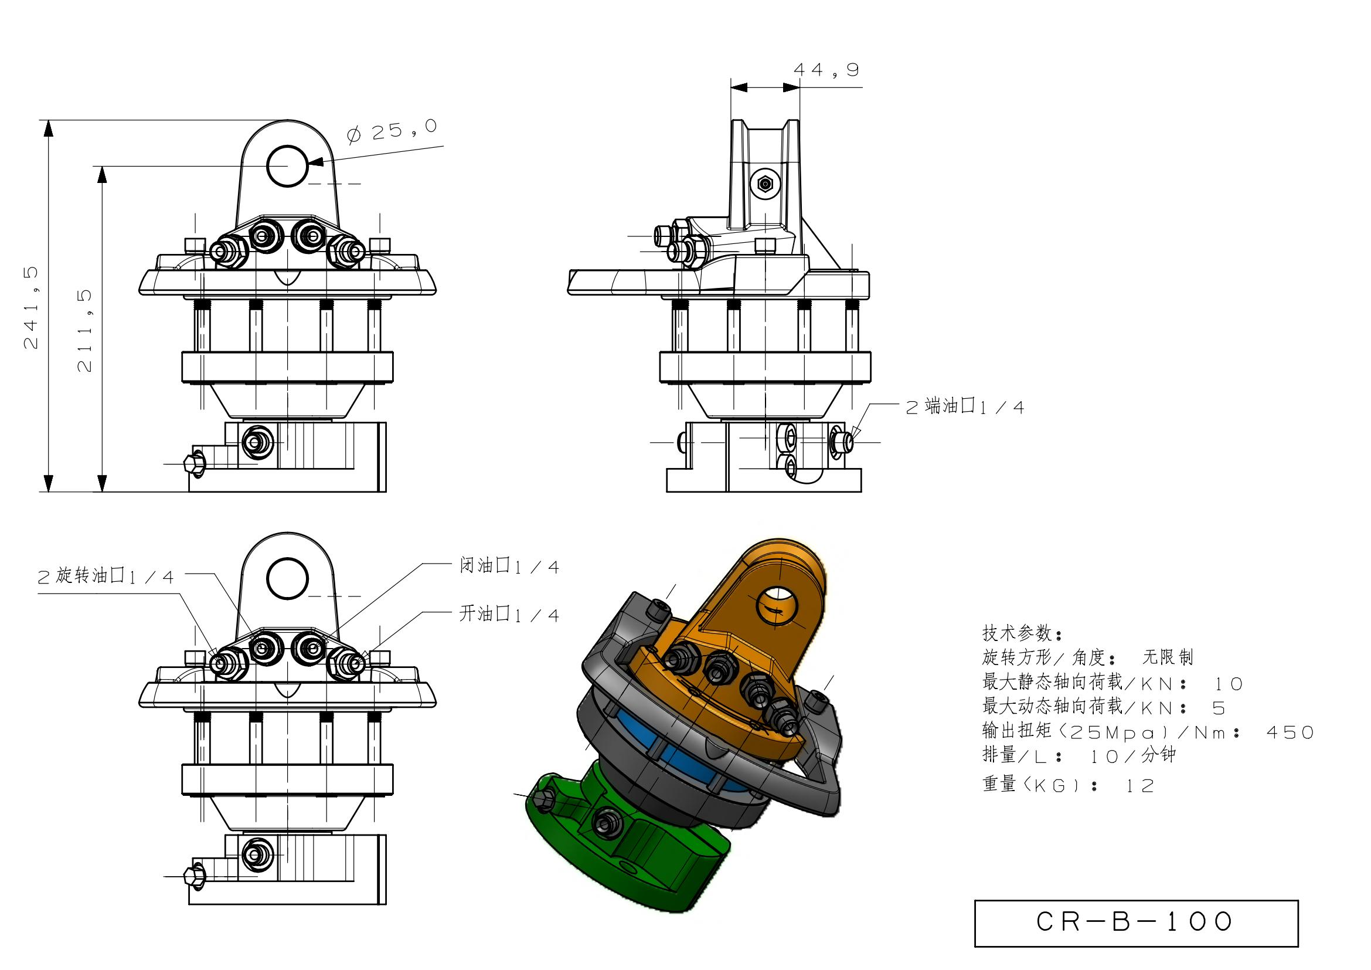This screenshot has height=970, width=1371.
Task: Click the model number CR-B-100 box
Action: [1136, 923]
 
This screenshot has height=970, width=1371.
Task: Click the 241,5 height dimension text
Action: [31, 308]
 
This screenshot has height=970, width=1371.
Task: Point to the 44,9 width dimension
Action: [826, 70]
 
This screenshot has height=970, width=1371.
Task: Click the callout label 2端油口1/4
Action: [965, 408]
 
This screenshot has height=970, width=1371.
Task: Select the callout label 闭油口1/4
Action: [509, 567]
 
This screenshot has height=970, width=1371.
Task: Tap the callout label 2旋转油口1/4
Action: [106, 576]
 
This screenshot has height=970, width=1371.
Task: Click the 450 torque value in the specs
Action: [1290, 733]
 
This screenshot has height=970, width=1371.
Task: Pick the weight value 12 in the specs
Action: [1140, 786]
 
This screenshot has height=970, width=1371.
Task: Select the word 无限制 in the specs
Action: [1168, 657]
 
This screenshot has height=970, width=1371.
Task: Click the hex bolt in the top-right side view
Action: [766, 184]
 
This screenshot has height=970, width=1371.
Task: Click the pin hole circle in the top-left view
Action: [287, 165]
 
